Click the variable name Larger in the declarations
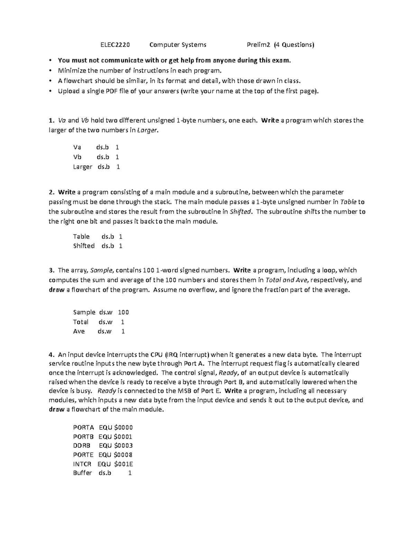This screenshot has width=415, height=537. (x=83, y=167)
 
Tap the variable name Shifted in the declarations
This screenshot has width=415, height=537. (x=84, y=246)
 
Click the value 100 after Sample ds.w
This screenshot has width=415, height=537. (x=123, y=313)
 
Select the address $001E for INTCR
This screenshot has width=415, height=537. (x=123, y=464)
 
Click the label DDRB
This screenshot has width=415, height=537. (x=81, y=446)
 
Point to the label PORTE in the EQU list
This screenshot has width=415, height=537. (x=83, y=455)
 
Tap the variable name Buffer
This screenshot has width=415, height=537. (x=82, y=473)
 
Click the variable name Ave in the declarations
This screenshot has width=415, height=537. (x=79, y=331)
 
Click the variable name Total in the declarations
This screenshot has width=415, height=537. (x=81, y=322)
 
